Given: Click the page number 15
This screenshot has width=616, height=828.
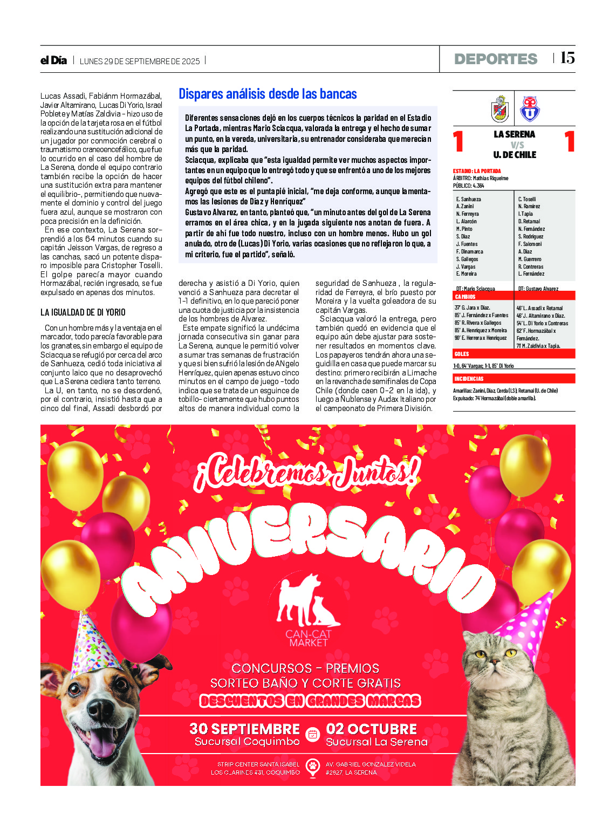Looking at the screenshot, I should point(567,58).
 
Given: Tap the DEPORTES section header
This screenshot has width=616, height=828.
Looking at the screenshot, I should point(496,59).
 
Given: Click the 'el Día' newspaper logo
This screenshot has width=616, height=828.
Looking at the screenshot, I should point(53,60).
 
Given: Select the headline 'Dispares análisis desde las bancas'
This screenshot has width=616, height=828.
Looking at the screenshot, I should point(268,94).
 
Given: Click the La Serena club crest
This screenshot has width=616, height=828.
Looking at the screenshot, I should point(500,108).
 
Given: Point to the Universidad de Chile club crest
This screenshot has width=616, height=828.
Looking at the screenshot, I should point(529,109).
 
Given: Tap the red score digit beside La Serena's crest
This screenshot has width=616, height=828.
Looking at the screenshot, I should point(458,142).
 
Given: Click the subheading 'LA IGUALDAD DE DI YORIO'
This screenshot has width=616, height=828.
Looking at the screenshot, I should point(83,312).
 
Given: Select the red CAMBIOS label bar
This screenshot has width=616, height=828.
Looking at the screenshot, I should point(514,296).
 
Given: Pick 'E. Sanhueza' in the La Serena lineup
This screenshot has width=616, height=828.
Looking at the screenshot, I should point(469,199).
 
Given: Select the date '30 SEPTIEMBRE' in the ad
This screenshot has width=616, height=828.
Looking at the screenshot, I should point(244,729).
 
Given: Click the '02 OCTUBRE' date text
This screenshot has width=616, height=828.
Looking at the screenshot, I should point(371,729).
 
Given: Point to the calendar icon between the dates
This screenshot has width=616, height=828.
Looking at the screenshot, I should point(312,734).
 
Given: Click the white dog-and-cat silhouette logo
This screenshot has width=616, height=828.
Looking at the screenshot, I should point(308,600).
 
